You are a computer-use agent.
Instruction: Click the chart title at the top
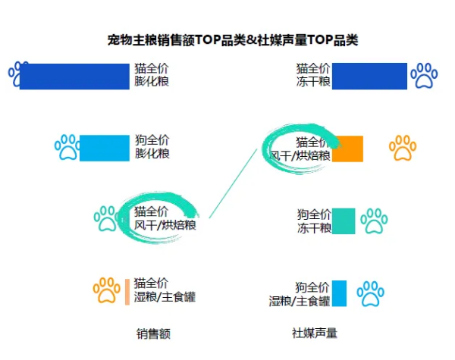pos(233,39)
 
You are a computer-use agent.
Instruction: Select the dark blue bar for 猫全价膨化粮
pos(74,77)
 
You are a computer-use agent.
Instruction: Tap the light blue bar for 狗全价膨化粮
pos(105,148)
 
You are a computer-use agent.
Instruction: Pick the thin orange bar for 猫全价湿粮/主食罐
pos(127,292)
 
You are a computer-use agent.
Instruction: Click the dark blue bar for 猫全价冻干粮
pos(369,76)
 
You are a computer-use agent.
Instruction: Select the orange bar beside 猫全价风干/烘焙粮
pos(347,149)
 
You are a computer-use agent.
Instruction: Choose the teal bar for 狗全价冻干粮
pos(344,221)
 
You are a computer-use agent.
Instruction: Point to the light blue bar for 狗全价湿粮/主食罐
pos(339,293)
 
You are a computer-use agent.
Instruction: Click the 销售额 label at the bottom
pos(153,333)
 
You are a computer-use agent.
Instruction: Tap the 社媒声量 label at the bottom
pos(314,333)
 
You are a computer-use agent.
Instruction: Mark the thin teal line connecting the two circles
pos(233,183)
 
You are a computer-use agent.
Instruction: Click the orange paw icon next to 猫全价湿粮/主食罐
pos(106,290)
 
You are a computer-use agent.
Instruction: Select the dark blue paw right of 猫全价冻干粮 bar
pos(424,76)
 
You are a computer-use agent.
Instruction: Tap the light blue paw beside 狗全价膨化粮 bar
pos(67,147)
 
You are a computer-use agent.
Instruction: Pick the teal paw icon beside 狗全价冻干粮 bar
pos(374,221)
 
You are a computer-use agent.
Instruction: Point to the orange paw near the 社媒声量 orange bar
pos(403,148)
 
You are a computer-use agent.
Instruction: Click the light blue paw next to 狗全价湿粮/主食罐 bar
pos(370,293)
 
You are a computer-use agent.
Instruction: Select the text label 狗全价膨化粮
pos(152,147)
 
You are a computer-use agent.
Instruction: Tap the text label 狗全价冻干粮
pos(314,221)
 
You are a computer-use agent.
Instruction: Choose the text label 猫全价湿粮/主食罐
pos(165,290)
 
